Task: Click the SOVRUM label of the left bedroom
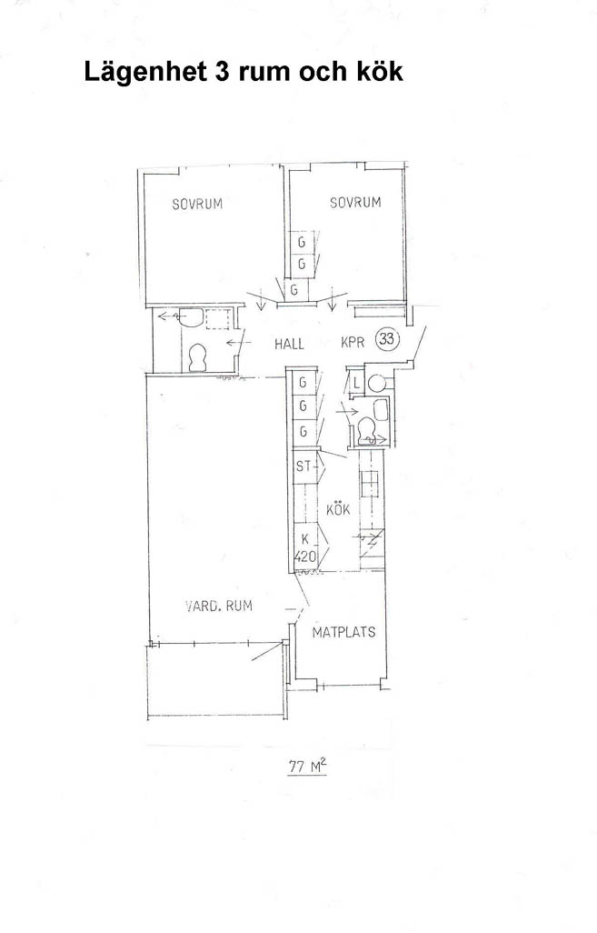click(x=197, y=204)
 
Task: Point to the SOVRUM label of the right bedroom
click(x=355, y=202)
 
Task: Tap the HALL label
click(x=289, y=344)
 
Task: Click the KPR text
click(x=353, y=343)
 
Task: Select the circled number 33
click(x=387, y=339)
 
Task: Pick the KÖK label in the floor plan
click(x=338, y=510)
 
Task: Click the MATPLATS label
click(x=343, y=632)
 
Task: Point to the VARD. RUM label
click(x=219, y=607)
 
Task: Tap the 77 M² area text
click(x=307, y=767)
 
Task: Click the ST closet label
click(x=303, y=466)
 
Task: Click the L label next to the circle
click(x=355, y=384)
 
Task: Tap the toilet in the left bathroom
click(x=197, y=358)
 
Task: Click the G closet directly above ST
click(x=303, y=431)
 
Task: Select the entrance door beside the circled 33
click(x=419, y=344)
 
